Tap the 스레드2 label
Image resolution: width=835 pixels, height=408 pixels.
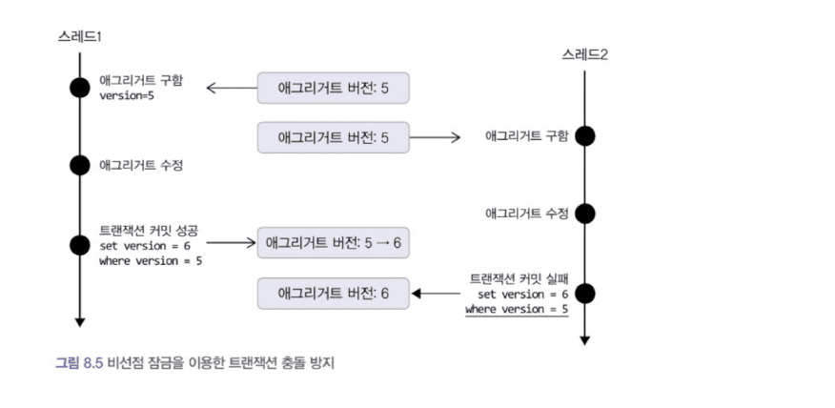(x=584, y=54)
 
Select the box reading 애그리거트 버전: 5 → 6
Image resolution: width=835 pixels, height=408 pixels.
(x=333, y=243)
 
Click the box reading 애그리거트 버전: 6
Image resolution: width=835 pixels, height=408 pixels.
(x=333, y=293)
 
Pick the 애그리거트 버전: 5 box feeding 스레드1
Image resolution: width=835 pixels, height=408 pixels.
(x=333, y=88)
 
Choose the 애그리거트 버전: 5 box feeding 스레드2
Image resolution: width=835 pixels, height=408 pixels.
(x=333, y=137)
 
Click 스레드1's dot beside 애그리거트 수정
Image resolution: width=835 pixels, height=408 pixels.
(x=80, y=165)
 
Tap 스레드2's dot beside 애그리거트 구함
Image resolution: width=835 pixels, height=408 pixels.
(x=585, y=136)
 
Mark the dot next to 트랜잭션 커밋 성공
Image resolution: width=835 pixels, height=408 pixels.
(x=80, y=244)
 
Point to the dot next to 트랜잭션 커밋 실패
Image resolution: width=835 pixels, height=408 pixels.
(x=585, y=293)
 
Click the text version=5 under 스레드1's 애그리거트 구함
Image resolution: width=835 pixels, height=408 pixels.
(x=127, y=96)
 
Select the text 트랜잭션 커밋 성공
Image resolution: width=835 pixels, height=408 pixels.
(x=153, y=230)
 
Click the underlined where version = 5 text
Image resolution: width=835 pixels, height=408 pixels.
(x=517, y=310)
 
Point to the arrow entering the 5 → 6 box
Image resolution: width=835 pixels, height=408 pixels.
(x=231, y=243)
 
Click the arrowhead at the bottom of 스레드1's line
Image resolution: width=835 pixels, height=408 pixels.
(x=80, y=321)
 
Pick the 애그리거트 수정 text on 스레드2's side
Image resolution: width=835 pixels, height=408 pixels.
(x=527, y=214)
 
